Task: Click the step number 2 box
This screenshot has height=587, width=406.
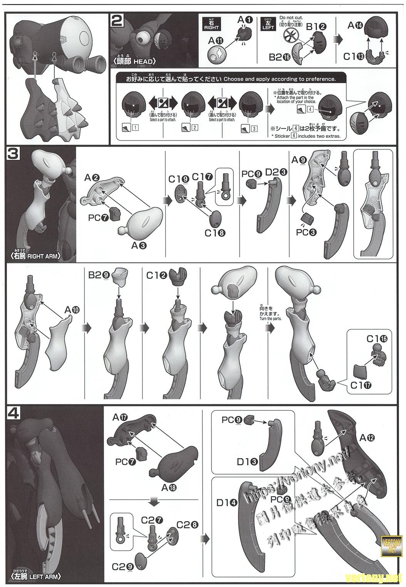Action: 116,20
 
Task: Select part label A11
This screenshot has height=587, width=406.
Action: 216,40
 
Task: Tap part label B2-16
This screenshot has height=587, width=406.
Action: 280,57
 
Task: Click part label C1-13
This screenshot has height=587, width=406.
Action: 354,56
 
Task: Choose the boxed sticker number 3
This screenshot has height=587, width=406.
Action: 254,129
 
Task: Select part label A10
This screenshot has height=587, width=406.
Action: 72,309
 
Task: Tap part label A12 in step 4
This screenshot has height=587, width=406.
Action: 367,437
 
